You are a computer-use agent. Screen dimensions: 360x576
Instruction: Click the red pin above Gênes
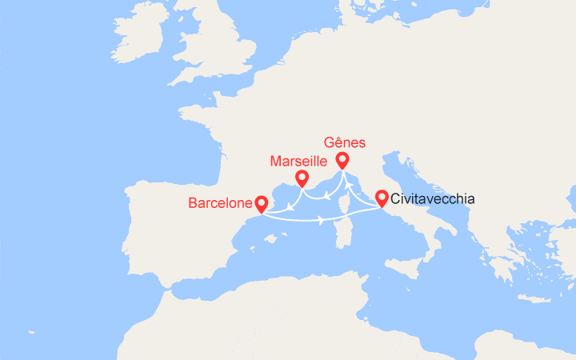coord(342,159)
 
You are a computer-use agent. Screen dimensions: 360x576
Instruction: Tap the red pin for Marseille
coord(302,178)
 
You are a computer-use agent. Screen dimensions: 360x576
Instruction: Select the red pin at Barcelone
coord(261,203)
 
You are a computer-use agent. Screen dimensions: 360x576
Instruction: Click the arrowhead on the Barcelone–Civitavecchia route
coord(321,220)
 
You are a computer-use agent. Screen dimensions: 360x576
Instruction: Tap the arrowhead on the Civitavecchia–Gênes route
coord(348,191)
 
